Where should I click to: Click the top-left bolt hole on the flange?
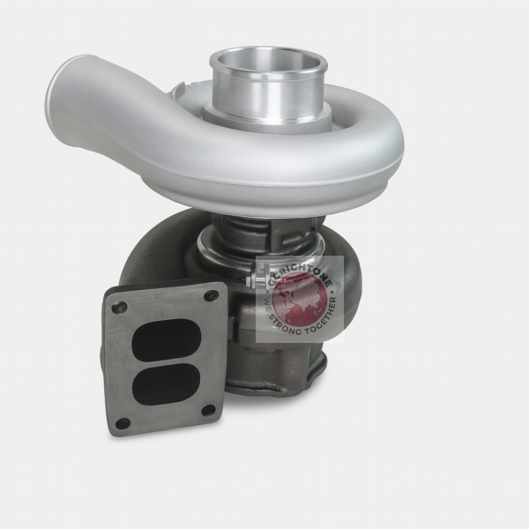pos(119,308)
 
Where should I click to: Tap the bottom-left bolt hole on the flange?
pos(123,422)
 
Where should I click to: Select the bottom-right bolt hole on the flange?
pos(208,410)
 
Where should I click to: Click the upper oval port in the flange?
pos(165,337)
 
